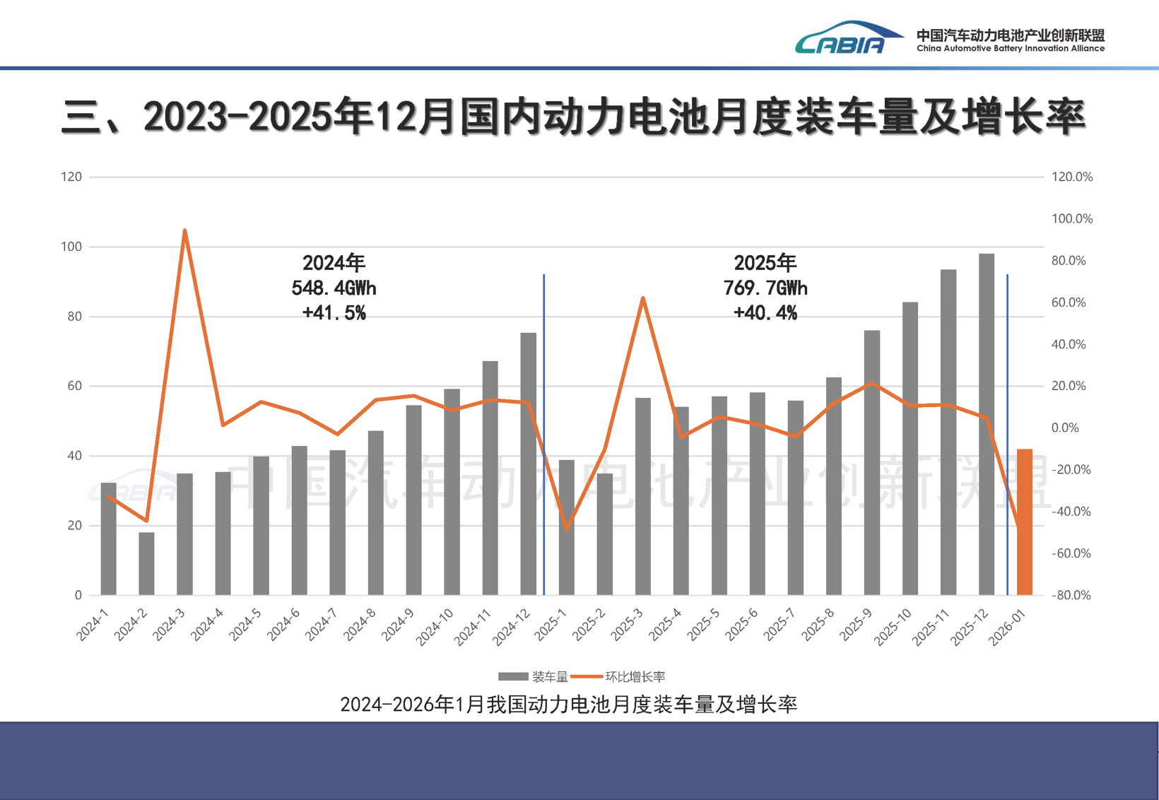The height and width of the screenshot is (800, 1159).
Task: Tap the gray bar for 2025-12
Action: [x=986, y=424]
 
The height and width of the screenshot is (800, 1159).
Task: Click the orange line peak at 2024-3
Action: [x=184, y=230]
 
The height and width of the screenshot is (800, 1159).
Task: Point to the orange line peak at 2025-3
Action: [x=642, y=298]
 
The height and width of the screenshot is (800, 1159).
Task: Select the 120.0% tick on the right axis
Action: [x=1071, y=177]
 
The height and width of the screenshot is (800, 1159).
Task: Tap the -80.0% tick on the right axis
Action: [x=1071, y=595]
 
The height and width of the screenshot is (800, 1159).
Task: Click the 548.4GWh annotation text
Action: [x=334, y=288]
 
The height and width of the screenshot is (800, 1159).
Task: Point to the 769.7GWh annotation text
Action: [x=765, y=288]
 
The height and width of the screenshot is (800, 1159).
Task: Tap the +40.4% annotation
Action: [x=765, y=313]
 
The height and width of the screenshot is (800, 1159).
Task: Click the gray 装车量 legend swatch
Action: [x=513, y=677]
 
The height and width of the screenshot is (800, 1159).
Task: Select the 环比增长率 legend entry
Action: [x=635, y=677]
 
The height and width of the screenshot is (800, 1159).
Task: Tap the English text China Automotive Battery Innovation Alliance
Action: [x=1010, y=49]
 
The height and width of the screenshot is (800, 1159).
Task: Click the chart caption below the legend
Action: [x=568, y=705]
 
